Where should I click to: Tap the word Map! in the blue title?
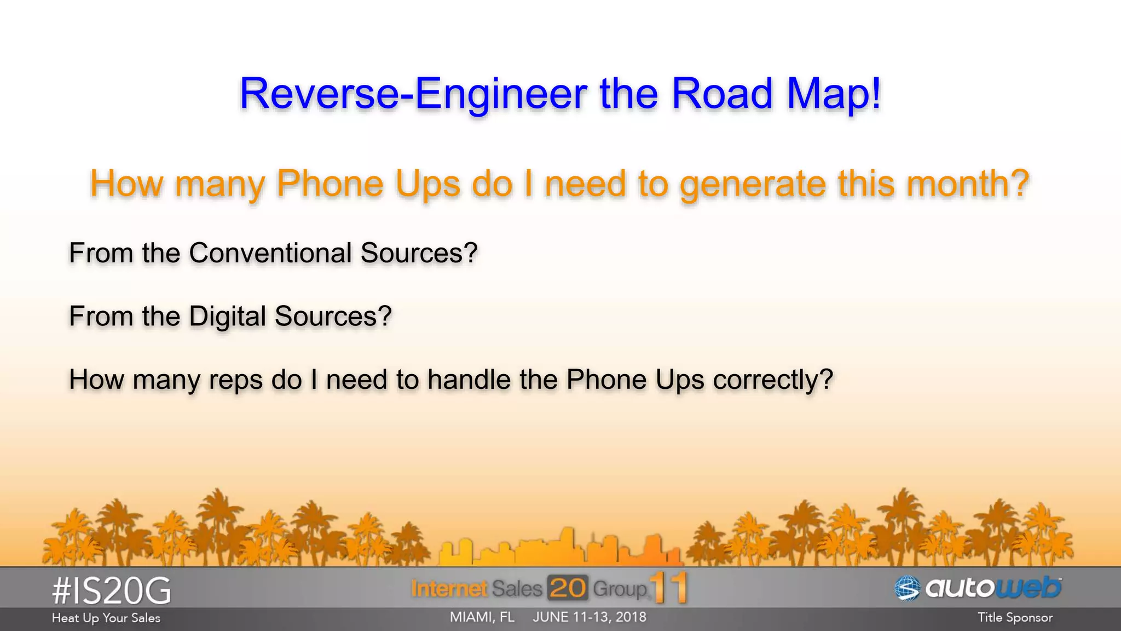(834, 94)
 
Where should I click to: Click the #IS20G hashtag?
(112, 591)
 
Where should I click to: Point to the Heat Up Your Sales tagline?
(106, 618)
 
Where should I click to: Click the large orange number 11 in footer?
(669, 588)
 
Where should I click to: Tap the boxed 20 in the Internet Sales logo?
(568, 588)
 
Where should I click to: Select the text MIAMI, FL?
(482, 617)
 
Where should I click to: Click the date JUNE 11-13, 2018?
(590, 617)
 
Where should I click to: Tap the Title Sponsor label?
(1015, 618)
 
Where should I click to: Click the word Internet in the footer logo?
(449, 589)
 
